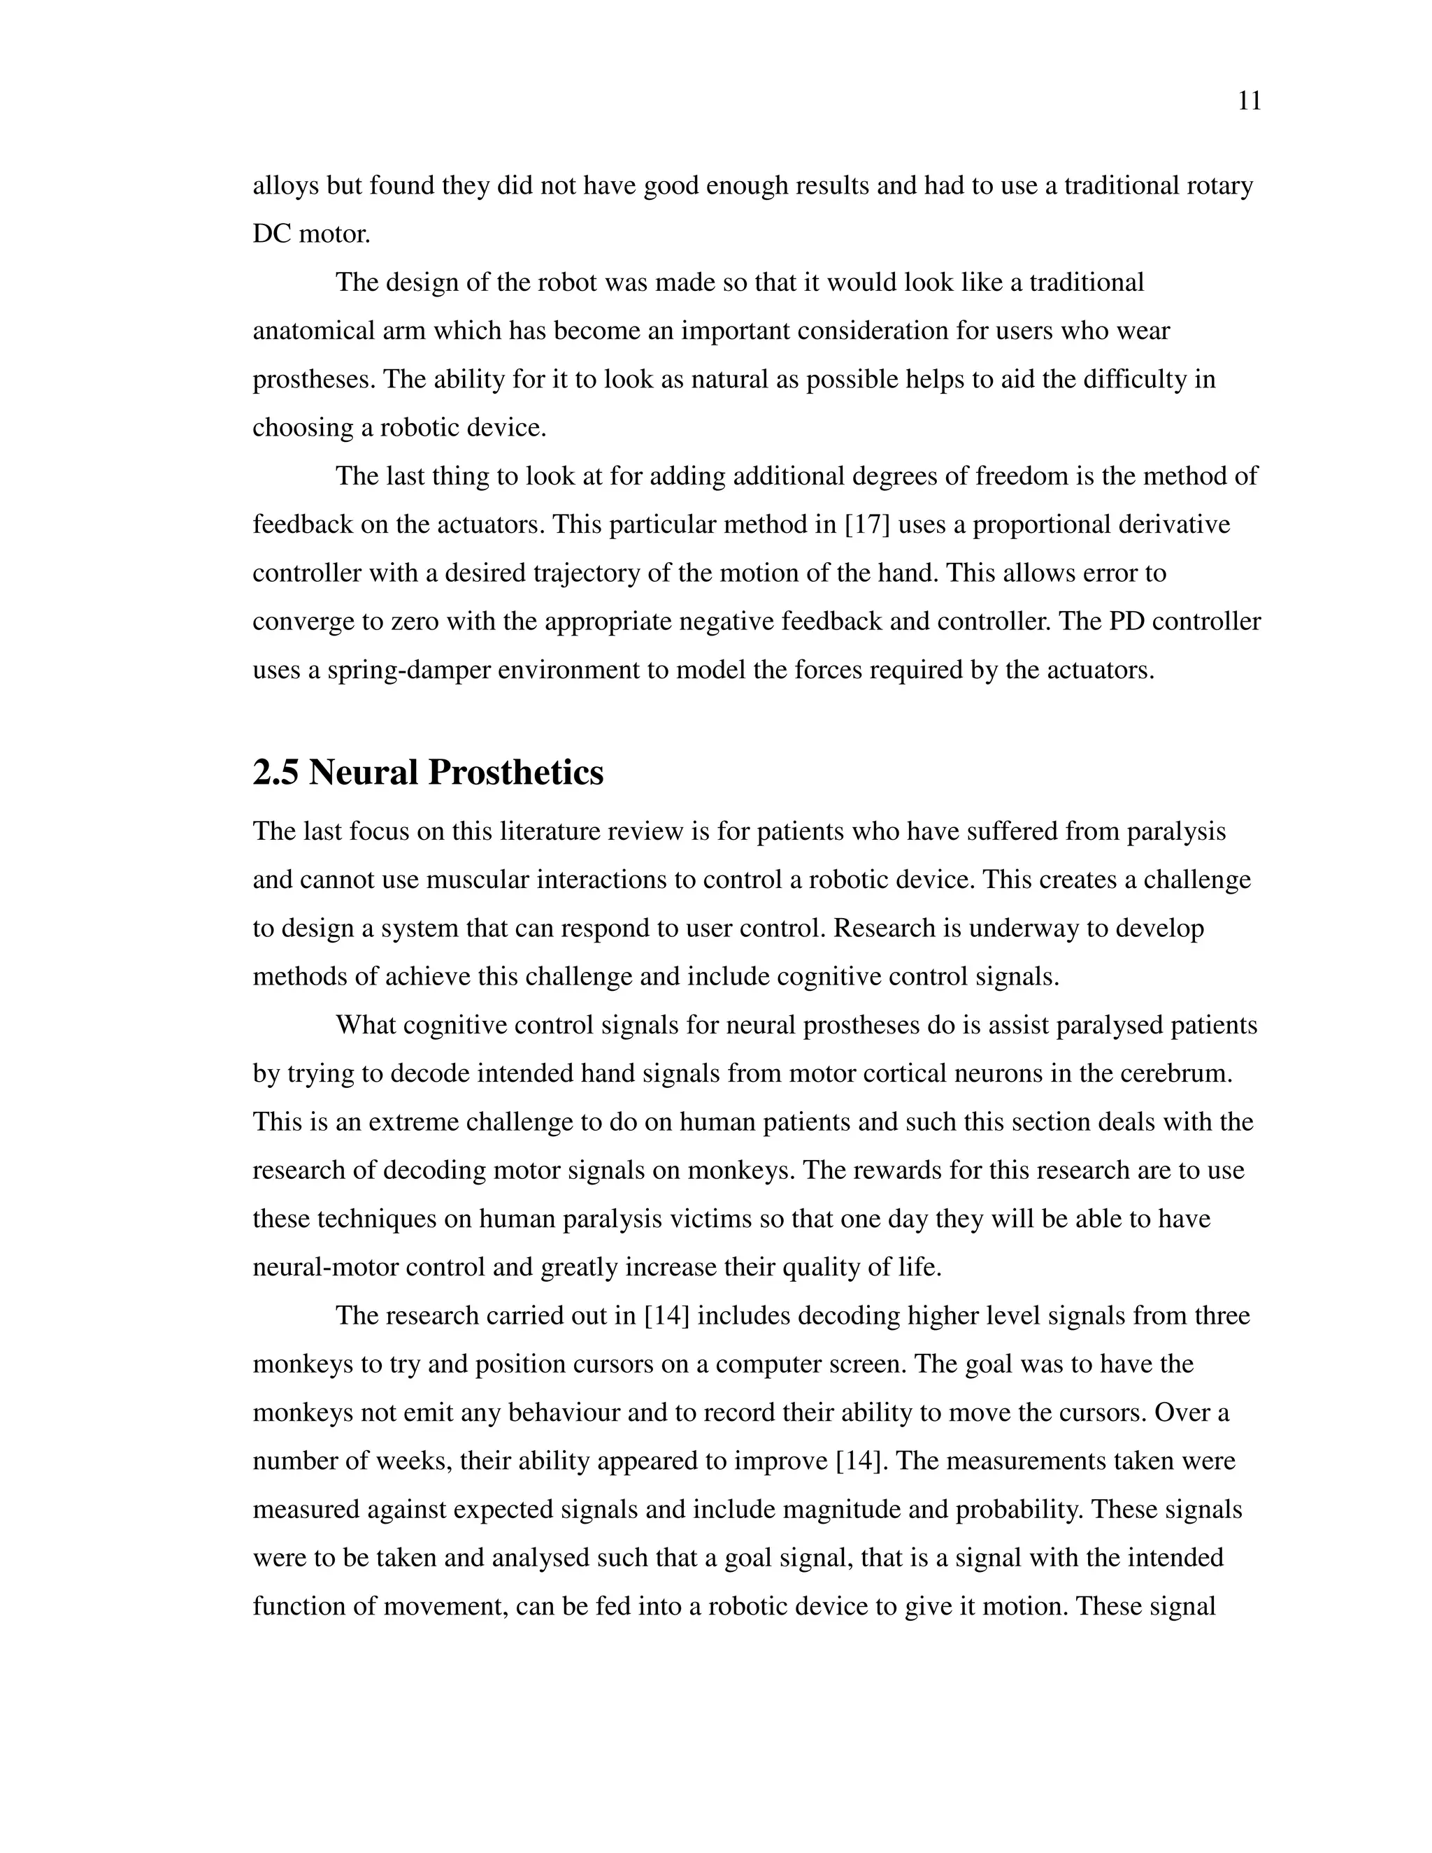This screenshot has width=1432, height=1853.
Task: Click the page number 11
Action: [1250, 102]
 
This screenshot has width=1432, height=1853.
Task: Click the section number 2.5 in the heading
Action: [275, 773]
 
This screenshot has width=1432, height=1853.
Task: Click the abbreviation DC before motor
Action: [271, 234]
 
